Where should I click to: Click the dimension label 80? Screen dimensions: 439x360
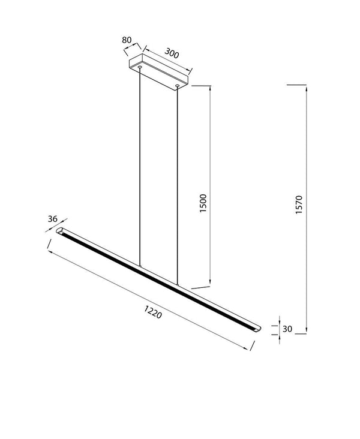(127, 40)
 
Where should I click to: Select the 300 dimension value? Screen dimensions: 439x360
(172, 54)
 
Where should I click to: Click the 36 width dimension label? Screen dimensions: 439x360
(53, 219)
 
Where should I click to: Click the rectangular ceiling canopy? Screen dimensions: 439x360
(158, 71)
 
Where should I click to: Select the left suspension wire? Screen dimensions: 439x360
(140, 168)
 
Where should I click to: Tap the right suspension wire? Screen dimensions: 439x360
(178, 180)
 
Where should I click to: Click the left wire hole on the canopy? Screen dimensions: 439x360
(140, 68)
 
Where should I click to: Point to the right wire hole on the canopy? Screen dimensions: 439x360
(178, 86)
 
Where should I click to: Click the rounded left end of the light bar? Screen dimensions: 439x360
(60, 230)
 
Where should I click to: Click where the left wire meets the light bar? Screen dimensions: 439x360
(140, 267)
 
